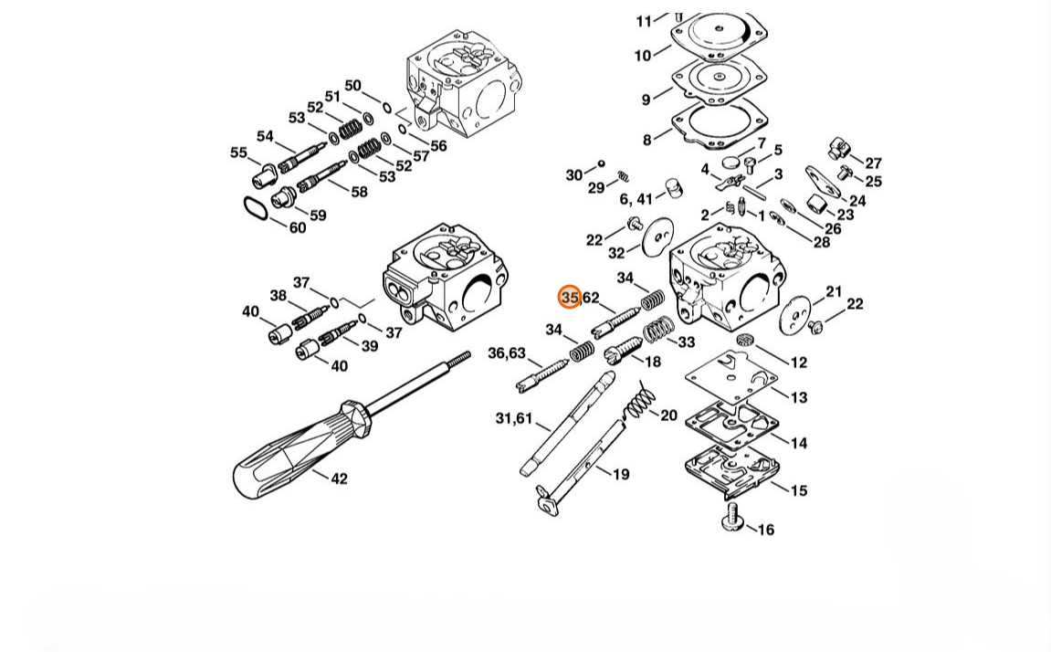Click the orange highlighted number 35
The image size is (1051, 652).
(x=570, y=297)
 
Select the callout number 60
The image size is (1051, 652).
(x=298, y=227)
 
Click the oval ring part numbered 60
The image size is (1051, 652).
(x=256, y=207)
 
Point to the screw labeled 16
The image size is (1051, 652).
(x=732, y=519)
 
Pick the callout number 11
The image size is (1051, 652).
(x=644, y=21)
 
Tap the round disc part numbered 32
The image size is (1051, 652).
(x=657, y=237)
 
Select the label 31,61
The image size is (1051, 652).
(x=513, y=419)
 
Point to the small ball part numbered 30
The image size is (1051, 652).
(x=601, y=163)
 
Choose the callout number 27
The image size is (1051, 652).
(x=873, y=163)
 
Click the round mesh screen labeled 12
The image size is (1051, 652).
(x=742, y=340)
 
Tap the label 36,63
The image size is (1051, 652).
(x=507, y=353)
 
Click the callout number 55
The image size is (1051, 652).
(x=238, y=152)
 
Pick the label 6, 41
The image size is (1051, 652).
(x=636, y=199)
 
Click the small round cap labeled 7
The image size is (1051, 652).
(x=731, y=162)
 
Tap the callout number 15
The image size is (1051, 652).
(x=799, y=490)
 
